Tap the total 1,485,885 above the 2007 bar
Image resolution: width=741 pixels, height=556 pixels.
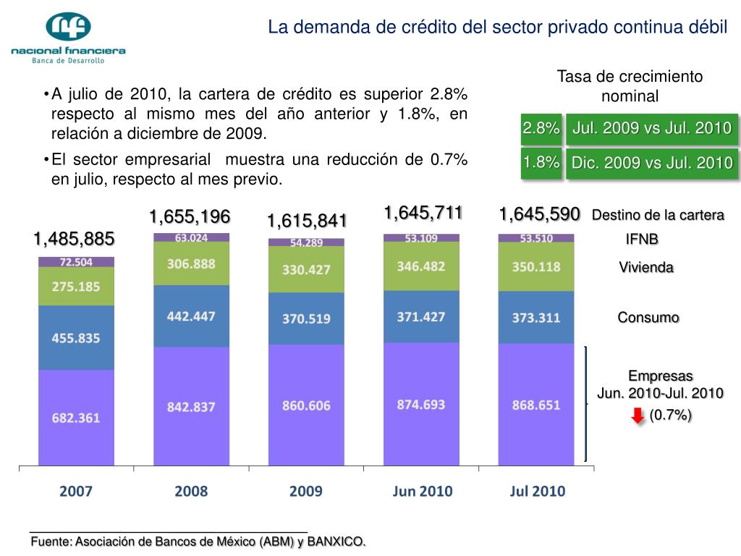tap(75, 239)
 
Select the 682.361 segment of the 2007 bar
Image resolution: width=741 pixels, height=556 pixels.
tap(76, 417)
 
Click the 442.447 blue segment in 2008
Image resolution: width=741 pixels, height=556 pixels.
tap(192, 316)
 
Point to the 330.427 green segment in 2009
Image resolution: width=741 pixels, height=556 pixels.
tap(306, 269)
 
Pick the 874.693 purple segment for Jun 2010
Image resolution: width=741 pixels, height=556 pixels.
tap(421, 404)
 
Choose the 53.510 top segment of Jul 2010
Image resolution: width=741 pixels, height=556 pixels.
tap(536, 238)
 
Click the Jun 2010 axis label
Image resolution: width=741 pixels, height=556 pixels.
tap(423, 492)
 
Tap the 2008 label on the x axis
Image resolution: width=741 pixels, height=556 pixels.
tap(191, 492)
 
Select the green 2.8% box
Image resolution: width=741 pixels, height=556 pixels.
tap(541, 129)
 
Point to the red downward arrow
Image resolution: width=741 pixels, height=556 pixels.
tap(638, 416)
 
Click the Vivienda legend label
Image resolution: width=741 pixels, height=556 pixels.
tap(646, 268)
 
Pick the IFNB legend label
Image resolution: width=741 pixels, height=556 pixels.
tap(643, 239)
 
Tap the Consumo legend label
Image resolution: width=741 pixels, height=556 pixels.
tap(648, 317)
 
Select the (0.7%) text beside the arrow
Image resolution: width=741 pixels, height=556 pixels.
tap(670, 415)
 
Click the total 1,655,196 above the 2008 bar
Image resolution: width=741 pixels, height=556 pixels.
tap(190, 216)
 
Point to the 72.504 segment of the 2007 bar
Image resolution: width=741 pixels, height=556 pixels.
tap(76, 262)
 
